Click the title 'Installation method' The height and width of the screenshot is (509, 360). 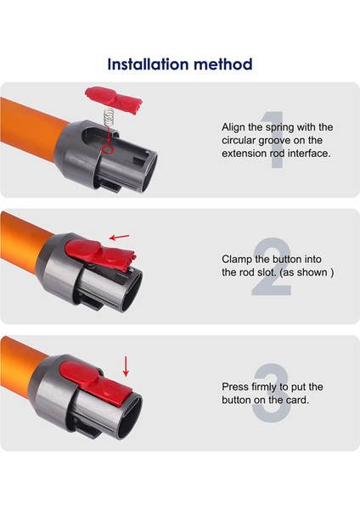point(180,64)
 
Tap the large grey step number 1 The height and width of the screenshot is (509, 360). point(270,140)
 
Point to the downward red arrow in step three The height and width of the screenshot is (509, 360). point(127,366)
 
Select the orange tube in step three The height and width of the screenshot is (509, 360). point(30,373)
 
